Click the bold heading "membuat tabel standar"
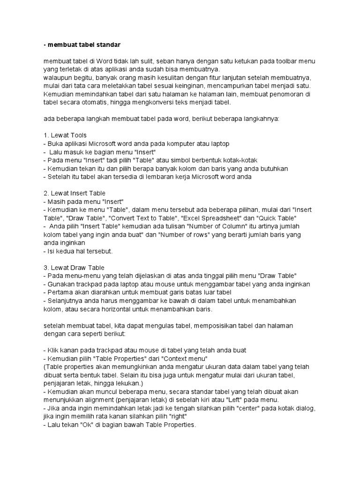(x=82, y=45)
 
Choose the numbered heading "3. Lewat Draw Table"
(x=74, y=267)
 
